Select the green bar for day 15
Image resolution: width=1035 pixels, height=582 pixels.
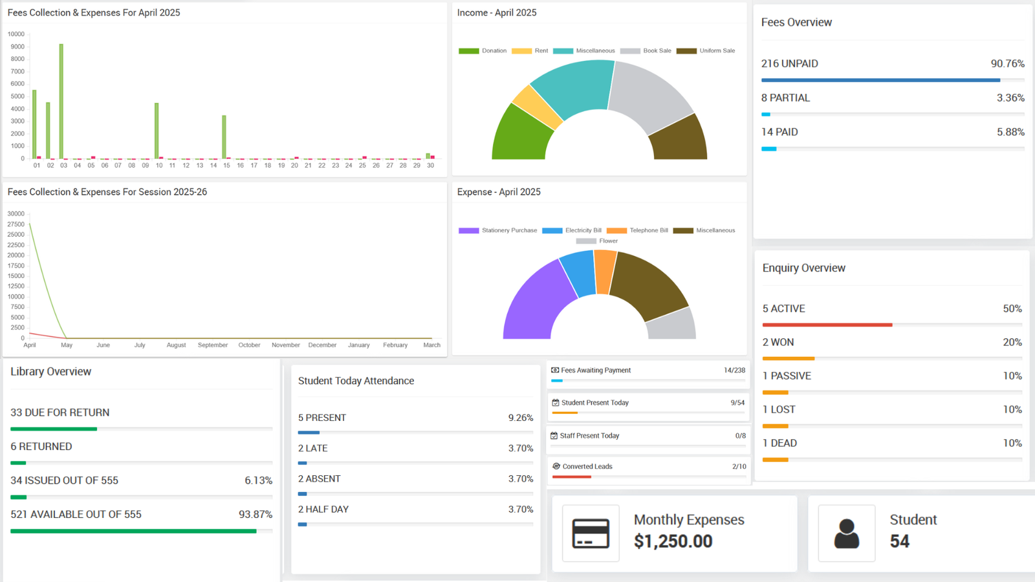click(224, 137)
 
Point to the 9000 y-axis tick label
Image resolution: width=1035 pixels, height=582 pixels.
click(17, 47)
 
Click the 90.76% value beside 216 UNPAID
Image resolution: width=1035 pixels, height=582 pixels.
click(1007, 63)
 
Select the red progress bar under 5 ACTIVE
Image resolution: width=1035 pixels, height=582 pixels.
click(827, 325)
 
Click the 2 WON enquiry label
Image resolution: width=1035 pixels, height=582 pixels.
click(778, 342)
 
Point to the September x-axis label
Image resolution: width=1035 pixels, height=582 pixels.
click(213, 345)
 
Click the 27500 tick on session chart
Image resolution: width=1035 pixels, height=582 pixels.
click(16, 224)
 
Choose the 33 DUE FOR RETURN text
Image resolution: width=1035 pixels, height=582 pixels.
click(60, 413)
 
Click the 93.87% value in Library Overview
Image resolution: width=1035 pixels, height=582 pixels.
click(255, 515)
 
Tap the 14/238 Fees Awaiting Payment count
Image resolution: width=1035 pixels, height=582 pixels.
click(734, 371)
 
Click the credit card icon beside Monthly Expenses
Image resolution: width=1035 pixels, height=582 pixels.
click(591, 533)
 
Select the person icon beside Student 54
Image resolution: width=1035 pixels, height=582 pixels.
click(846, 533)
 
